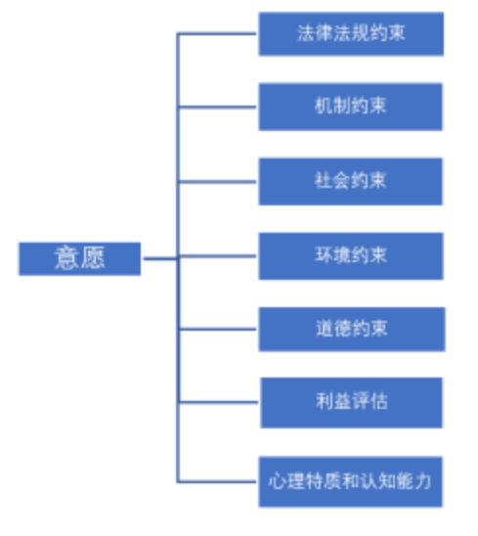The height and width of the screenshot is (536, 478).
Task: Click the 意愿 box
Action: click(x=79, y=259)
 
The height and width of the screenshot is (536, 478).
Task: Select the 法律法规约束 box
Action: click(x=351, y=34)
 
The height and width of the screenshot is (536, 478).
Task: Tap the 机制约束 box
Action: click(x=351, y=107)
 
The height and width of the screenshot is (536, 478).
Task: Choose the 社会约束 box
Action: click(x=351, y=182)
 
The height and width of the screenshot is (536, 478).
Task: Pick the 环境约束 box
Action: click(x=351, y=256)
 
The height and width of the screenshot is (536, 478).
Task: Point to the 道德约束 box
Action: click(x=352, y=330)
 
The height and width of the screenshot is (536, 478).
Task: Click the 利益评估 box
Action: click(x=352, y=403)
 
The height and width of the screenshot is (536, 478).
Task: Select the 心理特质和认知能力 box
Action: click(x=351, y=481)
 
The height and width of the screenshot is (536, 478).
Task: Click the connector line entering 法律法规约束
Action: click(x=217, y=33)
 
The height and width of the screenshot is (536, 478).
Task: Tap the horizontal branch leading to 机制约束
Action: click(x=218, y=107)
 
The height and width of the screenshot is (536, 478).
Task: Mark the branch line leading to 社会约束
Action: click(x=218, y=182)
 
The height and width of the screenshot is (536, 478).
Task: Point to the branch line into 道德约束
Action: click(x=218, y=330)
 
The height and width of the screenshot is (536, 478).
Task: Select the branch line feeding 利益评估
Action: click(x=219, y=402)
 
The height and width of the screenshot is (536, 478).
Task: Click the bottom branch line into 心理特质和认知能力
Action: click(x=217, y=481)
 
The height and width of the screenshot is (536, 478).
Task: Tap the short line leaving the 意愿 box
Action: click(x=160, y=259)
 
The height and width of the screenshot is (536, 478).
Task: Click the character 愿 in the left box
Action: click(x=93, y=257)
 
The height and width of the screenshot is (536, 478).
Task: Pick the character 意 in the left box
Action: click(x=67, y=257)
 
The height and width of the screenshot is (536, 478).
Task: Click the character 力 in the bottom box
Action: click(x=422, y=481)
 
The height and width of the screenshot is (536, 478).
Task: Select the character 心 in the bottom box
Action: click(x=277, y=481)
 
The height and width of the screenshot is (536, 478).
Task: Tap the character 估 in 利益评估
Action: click(x=379, y=401)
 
